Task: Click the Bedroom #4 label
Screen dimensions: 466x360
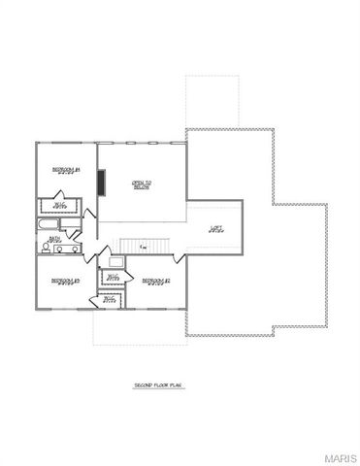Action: click(x=66, y=170)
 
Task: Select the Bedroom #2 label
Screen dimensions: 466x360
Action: click(x=155, y=282)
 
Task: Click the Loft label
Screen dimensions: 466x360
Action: click(x=215, y=229)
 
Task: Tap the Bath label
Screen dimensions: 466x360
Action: click(x=55, y=238)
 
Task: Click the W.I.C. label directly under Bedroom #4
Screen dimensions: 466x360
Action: click(x=59, y=206)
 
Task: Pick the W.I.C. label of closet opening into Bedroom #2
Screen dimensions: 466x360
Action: click(x=114, y=279)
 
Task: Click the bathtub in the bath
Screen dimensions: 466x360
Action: click(x=47, y=225)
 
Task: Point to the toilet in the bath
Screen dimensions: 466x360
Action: click(x=74, y=235)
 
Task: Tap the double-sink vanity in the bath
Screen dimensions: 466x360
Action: click(x=60, y=250)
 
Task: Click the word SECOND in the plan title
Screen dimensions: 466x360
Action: click(x=145, y=385)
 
